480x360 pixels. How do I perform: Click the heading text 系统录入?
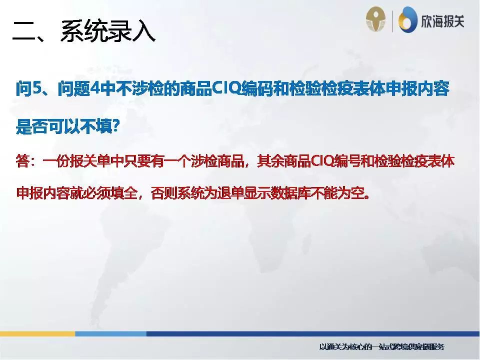click(107, 31)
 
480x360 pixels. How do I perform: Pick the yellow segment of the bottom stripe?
click(37, 333)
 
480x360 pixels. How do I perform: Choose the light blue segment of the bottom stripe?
click(110, 333)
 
